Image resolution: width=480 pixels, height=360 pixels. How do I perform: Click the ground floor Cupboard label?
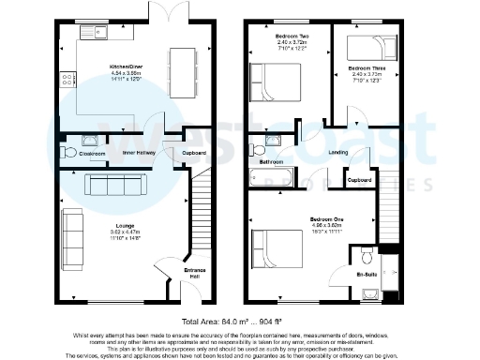point(194,151)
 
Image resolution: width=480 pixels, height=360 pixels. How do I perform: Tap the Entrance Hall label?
point(194,274)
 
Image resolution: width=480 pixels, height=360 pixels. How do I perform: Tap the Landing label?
point(339,155)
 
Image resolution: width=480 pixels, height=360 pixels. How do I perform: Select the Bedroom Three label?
point(366,69)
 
